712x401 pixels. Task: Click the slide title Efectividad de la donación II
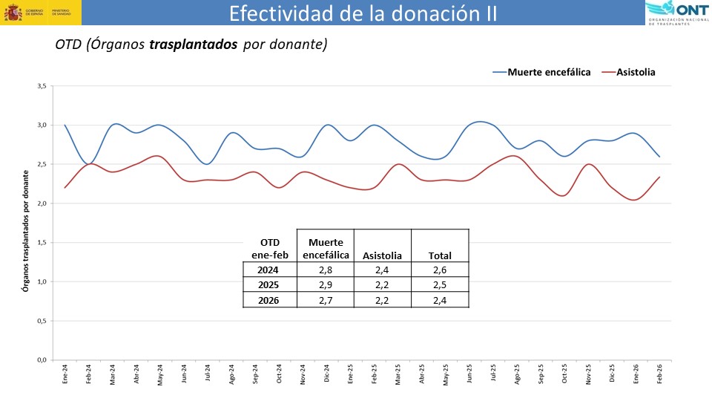pos(363,13)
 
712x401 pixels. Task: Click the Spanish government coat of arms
pos(13,13)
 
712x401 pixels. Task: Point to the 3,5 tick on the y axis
pos(42,86)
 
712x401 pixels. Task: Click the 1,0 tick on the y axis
pos(42,281)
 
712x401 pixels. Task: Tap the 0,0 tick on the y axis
pos(42,360)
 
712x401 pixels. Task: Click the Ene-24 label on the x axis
pos(65,374)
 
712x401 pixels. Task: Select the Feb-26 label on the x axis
pos(659,374)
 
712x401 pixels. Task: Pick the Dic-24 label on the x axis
pos(327,374)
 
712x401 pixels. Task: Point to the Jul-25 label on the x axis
pos(493,374)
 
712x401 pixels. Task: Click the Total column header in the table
pos(440,255)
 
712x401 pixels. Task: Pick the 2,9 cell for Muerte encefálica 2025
pos(325,285)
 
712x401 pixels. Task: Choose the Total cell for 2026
pos(440,300)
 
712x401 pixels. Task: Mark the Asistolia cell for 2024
pos(382,270)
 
